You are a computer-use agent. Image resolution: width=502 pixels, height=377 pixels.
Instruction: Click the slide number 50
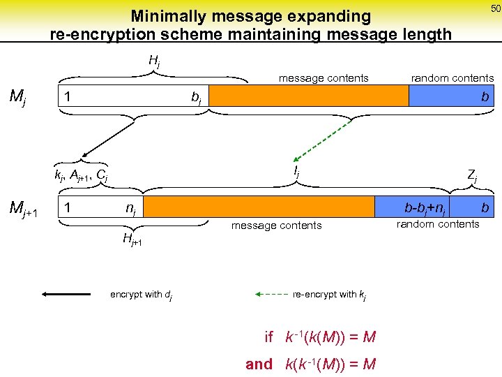click(495, 8)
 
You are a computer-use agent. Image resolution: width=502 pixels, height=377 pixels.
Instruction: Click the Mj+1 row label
click(25, 207)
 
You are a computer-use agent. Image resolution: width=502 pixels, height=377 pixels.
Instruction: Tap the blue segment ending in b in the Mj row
click(450, 96)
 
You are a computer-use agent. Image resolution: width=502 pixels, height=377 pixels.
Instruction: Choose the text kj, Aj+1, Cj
click(82, 175)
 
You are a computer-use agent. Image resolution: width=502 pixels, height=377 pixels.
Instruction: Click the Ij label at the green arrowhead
click(296, 169)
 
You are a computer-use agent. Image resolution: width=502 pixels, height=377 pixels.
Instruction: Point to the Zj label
click(471, 177)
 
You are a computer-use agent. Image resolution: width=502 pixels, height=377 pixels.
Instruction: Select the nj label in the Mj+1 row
click(130, 208)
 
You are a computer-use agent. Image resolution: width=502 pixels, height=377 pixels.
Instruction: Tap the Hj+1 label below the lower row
click(132, 241)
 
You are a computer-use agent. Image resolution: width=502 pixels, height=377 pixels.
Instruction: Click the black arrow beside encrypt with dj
click(66, 295)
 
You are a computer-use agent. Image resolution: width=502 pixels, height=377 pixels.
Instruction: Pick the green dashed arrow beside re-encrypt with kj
click(272, 295)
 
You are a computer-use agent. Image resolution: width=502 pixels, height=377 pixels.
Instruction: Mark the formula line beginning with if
click(321, 337)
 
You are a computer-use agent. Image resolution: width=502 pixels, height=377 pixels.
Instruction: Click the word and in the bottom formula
click(259, 363)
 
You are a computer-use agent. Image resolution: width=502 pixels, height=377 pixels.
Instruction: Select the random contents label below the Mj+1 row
click(438, 224)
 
